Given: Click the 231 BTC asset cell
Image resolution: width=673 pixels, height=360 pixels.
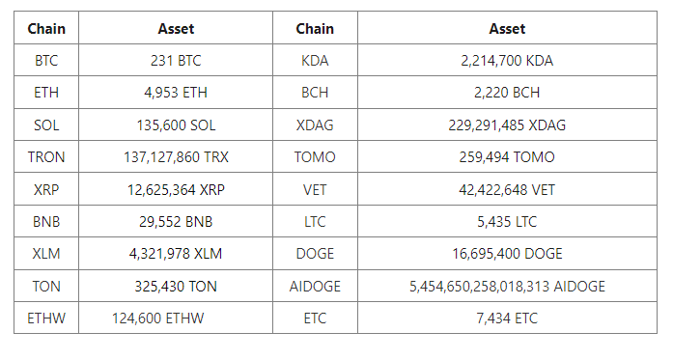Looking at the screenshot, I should click(176, 61).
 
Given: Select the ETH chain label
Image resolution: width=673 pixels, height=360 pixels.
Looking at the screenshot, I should click(46, 93).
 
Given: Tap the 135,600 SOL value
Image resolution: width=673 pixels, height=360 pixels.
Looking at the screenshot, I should click(176, 125).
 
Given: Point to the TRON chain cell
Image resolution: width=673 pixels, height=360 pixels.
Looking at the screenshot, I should click(46, 157).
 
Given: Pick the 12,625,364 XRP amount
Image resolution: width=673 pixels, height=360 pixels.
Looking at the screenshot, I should click(176, 190).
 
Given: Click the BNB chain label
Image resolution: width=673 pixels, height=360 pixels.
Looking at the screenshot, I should click(46, 222).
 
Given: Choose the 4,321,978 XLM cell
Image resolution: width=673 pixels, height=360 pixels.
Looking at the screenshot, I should click(176, 254).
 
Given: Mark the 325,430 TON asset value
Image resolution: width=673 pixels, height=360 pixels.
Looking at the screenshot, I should click(176, 287).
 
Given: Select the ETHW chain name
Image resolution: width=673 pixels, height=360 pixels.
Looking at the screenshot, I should click(46, 318).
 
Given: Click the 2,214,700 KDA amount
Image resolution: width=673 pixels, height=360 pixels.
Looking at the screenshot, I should click(507, 61).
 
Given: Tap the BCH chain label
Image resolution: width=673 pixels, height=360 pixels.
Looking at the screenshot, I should click(315, 93).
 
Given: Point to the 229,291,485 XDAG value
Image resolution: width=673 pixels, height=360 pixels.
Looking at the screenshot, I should click(507, 125).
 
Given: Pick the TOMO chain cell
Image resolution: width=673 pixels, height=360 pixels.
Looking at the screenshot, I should click(315, 157).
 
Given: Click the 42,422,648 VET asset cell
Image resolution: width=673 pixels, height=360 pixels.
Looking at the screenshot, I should click(507, 190).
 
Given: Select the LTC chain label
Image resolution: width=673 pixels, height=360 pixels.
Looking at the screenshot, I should click(315, 222).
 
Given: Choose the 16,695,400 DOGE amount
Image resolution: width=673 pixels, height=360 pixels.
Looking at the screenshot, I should click(507, 254).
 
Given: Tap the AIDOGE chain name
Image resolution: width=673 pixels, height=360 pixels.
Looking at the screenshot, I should click(315, 287).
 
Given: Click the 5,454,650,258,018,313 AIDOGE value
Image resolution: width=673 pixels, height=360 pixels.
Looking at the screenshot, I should click(507, 287).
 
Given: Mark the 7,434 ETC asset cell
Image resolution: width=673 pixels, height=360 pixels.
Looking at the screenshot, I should click(507, 318).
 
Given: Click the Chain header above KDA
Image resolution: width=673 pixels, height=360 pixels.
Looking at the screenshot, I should click(315, 29).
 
